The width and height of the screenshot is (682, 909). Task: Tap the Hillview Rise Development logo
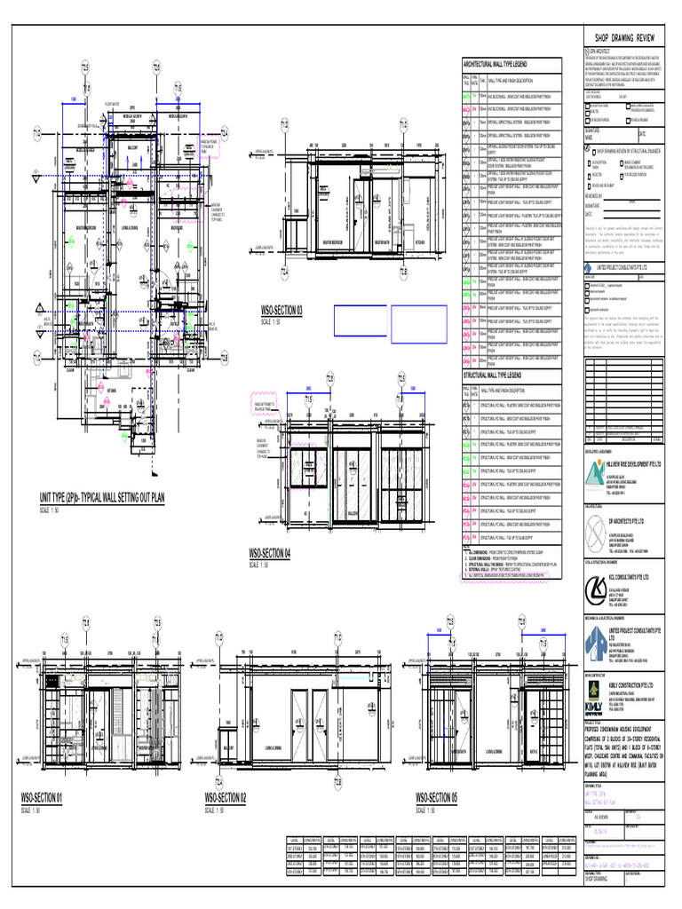[597, 479]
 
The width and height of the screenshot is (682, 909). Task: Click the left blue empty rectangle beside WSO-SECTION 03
[360, 321]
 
